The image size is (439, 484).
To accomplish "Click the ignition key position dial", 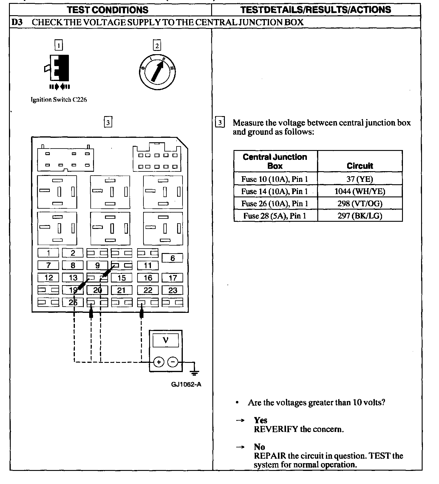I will (157, 72).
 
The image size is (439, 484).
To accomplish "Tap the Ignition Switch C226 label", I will (59, 100).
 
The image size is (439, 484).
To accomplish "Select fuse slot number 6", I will (172, 258).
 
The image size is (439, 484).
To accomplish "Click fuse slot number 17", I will (173, 278).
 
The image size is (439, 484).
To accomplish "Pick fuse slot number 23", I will (173, 290).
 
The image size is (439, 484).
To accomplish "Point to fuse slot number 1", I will (48, 253).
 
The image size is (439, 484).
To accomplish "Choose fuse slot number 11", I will (148, 265).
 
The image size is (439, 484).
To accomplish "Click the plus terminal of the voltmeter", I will (159, 362).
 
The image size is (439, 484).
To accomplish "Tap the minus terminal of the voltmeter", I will (173, 362).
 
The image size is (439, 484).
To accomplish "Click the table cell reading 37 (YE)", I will (360, 179).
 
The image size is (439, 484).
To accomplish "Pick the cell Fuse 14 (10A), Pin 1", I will (275, 191).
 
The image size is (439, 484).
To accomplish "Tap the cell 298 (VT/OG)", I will (360, 204).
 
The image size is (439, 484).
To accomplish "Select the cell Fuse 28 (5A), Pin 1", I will (275, 216).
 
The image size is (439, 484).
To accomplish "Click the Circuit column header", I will (360, 166).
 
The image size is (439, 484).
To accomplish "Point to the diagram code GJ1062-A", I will (186, 384).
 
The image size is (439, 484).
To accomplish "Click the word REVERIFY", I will (276, 429).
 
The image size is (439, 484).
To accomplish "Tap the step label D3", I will (17, 22).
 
